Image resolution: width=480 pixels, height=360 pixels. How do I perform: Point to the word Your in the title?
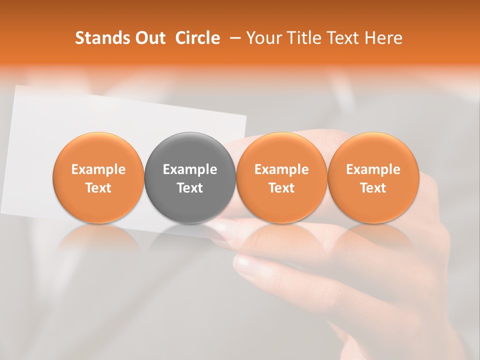click(262, 38)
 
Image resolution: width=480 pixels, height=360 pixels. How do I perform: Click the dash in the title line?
click(234, 38)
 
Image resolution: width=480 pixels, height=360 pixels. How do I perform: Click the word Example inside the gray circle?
click(190, 169)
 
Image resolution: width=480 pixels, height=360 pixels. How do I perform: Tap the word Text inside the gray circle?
click(190, 188)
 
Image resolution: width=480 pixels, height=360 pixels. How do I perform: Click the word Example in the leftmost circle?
click(98, 169)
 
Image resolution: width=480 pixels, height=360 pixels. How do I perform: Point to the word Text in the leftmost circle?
click(98, 188)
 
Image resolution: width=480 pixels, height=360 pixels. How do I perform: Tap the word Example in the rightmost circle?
click(373, 169)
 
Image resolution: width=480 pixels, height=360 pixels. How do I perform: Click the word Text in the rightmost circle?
click(373, 188)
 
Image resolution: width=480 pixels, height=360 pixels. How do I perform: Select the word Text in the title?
click(344, 38)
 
